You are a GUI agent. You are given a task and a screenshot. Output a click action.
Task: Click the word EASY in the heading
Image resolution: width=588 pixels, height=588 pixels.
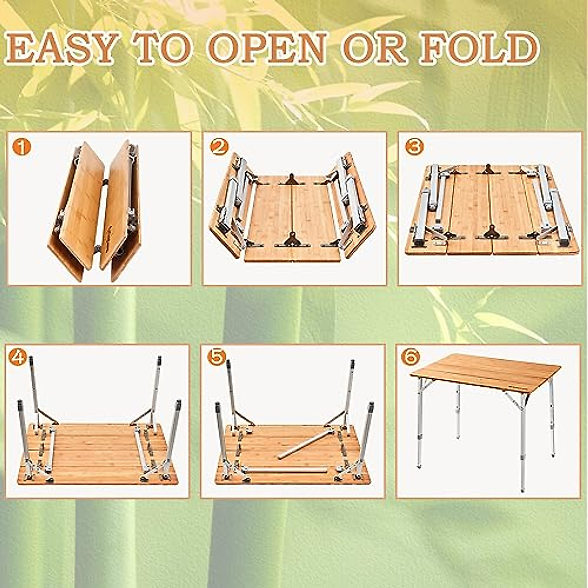(x=61, y=49)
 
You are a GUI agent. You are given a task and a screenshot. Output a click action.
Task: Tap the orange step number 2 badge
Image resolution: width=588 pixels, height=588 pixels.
(x=218, y=147)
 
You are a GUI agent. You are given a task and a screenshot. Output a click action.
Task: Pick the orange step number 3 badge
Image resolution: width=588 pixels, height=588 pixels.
(x=414, y=147)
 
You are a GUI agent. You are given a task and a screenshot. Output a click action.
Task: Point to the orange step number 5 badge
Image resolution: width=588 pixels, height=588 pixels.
(x=216, y=357)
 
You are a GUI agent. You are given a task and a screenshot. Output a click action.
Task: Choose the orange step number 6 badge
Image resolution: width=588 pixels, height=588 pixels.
(x=410, y=357)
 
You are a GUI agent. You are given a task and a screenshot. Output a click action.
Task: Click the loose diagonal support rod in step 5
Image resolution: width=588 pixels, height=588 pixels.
(x=306, y=443)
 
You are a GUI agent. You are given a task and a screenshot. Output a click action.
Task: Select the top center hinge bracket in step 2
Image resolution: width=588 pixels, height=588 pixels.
(x=292, y=179)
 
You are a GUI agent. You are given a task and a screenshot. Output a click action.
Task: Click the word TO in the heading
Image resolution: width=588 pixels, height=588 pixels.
(x=163, y=49)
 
